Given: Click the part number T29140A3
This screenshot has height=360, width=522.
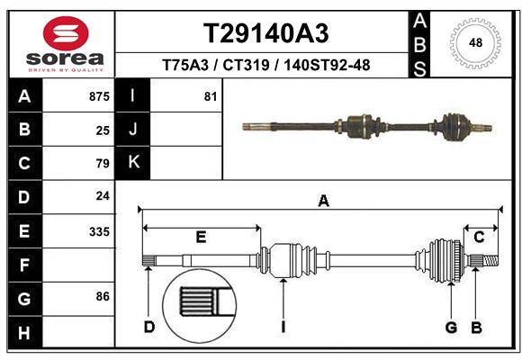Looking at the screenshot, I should (265, 33).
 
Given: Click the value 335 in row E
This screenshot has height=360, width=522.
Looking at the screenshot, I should (99, 231).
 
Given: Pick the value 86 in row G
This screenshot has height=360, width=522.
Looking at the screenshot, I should (102, 296).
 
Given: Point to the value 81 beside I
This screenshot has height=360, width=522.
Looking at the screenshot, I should (211, 96).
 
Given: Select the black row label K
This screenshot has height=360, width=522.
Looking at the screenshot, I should (133, 163).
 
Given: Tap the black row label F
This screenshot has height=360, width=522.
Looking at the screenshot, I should (23, 265).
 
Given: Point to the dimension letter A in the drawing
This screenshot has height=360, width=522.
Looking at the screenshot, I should (322, 202).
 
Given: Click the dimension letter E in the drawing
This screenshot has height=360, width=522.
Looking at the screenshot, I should (201, 237).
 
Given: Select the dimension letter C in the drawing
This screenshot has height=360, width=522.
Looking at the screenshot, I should (480, 237).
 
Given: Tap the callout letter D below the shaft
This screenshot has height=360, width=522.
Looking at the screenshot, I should (148, 326).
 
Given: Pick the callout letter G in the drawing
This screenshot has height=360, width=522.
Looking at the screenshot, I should (451, 326).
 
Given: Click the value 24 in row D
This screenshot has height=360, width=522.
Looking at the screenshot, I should (103, 195).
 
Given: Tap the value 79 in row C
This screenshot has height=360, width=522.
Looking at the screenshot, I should (103, 163).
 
